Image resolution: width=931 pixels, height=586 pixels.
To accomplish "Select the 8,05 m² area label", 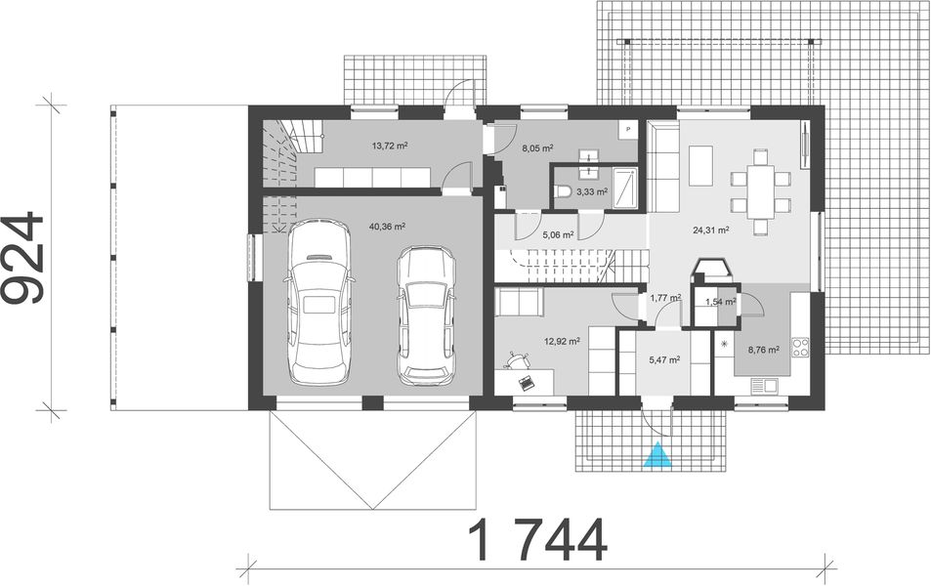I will coord(537,148).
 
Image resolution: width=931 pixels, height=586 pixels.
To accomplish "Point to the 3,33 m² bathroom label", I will coord(592,192).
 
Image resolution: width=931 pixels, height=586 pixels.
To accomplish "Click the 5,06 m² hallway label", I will coord(560,234).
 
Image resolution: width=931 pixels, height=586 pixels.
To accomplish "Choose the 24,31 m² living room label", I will coord(710,231).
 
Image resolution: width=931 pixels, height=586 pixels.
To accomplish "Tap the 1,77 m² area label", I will coord(664,298).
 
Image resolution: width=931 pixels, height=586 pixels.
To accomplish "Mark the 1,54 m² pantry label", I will coord(719,303).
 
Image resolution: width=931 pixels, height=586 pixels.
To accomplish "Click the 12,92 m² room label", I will coord(565,342).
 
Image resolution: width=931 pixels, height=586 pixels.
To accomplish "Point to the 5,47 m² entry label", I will coord(664,359).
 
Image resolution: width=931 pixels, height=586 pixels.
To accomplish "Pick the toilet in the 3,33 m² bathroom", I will coord(562,193).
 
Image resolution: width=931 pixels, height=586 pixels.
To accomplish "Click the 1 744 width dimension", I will coord(537,538).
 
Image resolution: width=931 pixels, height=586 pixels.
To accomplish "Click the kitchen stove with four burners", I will coord(800,346).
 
